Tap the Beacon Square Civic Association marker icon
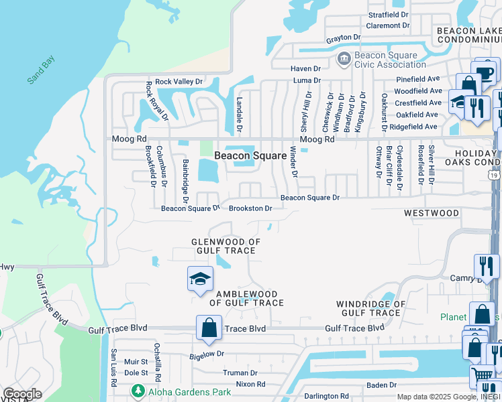(x=344, y=60)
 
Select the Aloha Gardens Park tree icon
(x=138, y=390)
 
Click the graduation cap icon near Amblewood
(x=199, y=279)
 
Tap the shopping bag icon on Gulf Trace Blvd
(x=209, y=328)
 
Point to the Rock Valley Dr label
(x=179, y=82)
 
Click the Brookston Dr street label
(x=250, y=208)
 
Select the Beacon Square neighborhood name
(x=250, y=155)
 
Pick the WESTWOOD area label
(x=432, y=213)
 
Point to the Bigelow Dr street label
(x=206, y=354)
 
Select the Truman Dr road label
(x=240, y=373)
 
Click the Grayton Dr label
(x=344, y=39)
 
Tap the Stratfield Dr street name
(x=389, y=14)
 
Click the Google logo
(x=22, y=394)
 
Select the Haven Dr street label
(x=305, y=68)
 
